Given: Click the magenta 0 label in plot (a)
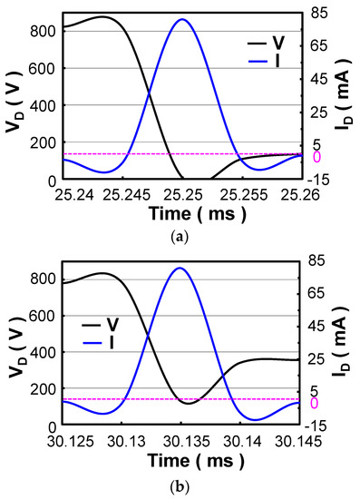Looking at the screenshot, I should point(316,157).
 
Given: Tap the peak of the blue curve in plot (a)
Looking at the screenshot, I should point(182,20).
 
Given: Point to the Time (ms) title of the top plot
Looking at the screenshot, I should point(181,214).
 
